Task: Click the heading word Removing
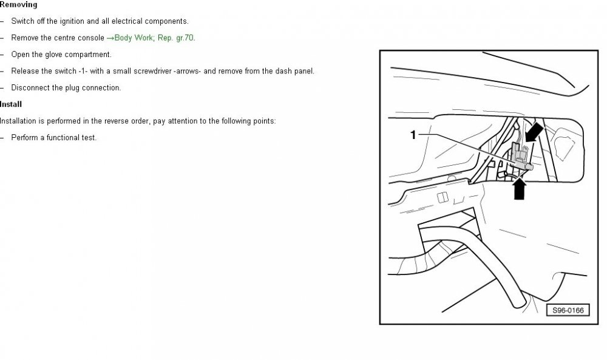[x=19, y=5]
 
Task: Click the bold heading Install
[x=11, y=104]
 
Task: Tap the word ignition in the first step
[x=72, y=21]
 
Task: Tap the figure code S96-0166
[x=568, y=310]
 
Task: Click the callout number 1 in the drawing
[x=413, y=135]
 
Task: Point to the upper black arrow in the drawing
[x=534, y=133]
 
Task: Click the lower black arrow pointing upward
[x=520, y=188]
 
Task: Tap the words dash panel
[x=294, y=71]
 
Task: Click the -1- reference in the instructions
[x=83, y=71]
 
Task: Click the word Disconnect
[x=29, y=88]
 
